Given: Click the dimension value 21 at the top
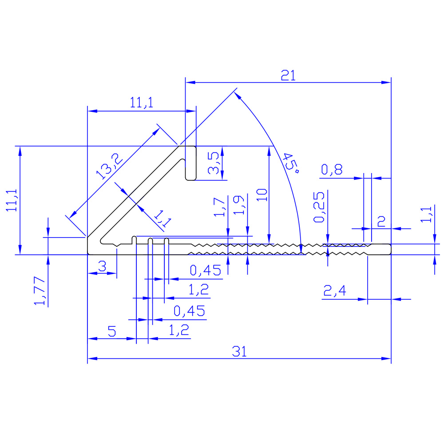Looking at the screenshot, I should click(288, 75).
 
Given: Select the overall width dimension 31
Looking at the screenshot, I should click(239, 352).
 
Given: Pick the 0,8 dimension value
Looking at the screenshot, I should click(331, 170).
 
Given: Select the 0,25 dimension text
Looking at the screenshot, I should click(320, 207).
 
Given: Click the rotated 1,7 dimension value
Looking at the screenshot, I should click(219, 207).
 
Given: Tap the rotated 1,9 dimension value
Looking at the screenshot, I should click(238, 205).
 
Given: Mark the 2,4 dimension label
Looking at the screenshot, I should click(335, 291).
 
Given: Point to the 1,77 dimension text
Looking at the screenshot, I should click(40, 291).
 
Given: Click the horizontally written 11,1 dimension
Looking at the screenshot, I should click(142, 103).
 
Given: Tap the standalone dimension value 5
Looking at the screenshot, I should click(111, 331).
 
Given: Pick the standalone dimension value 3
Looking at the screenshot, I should click(102, 266).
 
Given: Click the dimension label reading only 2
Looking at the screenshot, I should click(381, 222).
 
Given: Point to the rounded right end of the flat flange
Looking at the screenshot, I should click(389, 249).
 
